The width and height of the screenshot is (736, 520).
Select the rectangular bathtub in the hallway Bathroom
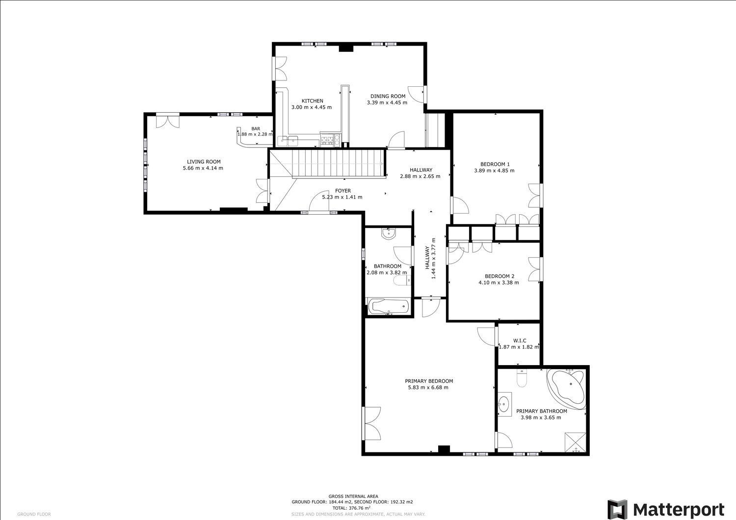390,307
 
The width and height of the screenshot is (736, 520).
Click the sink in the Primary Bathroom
503,404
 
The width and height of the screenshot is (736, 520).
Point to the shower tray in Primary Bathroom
574,441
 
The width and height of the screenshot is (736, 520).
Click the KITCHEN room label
312,101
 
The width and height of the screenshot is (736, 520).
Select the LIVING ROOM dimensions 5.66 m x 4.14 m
203,168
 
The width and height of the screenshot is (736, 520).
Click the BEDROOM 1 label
495,164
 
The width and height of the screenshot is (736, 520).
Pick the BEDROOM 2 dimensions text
499,282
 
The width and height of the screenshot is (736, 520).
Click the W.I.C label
519,341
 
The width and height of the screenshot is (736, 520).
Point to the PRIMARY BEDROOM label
428,381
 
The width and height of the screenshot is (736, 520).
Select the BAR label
256,128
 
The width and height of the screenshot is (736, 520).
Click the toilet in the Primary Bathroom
522,379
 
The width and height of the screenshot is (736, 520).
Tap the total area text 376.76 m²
352,508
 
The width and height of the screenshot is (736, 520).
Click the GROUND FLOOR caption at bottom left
34,514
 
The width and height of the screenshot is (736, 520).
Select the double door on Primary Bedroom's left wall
372,423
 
